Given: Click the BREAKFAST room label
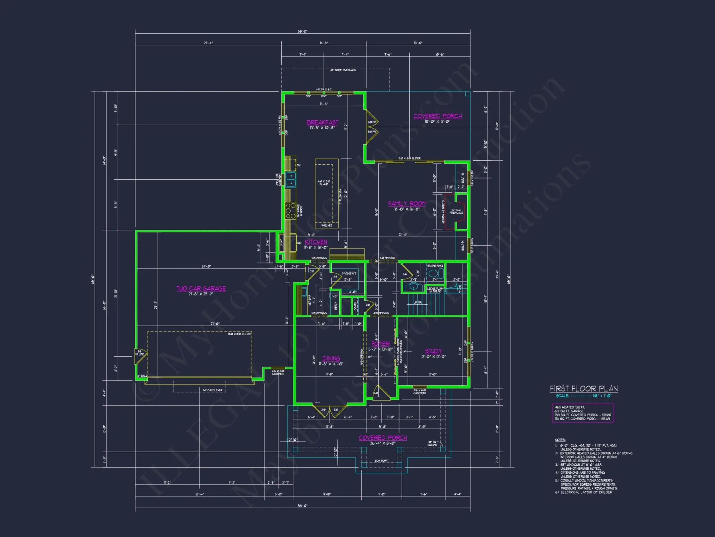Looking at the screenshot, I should pyautogui.click(x=322, y=122).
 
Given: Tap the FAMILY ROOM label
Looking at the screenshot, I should pyautogui.click(x=406, y=204).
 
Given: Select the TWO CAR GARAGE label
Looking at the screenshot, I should pyautogui.click(x=201, y=289).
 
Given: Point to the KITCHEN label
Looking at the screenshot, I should pyautogui.click(x=316, y=242).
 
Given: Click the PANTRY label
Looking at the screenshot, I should pyautogui.click(x=349, y=273).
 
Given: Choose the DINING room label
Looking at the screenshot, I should pyautogui.click(x=331, y=358).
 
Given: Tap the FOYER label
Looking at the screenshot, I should pyautogui.click(x=380, y=344).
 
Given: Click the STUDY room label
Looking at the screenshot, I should pyautogui.click(x=433, y=351).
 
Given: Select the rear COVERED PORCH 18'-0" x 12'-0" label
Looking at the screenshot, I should pyautogui.click(x=437, y=116).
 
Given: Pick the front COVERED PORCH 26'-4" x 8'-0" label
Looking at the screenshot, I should pyautogui.click(x=383, y=438).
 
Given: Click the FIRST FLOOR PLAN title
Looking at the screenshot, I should pyautogui.click(x=583, y=389).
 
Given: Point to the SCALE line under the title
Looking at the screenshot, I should pyautogui.click(x=583, y=396).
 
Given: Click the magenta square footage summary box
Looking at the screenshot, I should pyautogui.click(x=582, y=413).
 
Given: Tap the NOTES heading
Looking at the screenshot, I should pyautogui.click(x=560, y=440).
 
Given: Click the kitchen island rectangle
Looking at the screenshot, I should pyautogui.click(x=326, y=193).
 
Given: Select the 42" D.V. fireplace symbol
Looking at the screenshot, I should pyautogui.click(x=457, y=211).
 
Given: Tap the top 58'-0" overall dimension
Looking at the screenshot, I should pyautogui.click(x=302, y=32).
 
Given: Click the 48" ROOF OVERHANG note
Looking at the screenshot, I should pyautogui.click(x=343, y=70).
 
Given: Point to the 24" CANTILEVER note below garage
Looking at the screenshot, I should pyautogui.click(x=212, y=390).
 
